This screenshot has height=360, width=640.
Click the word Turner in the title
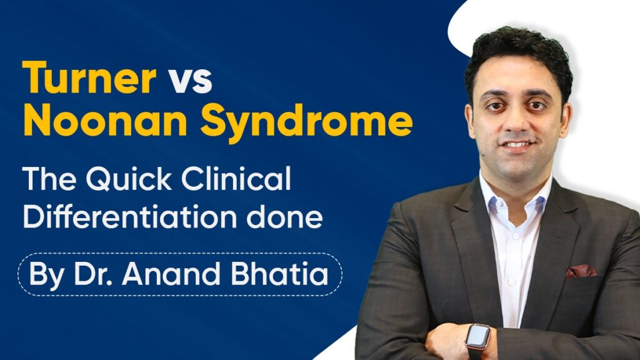pyautogui.click(x=88, y=79)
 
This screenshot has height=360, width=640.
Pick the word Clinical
pyautogui.click(x=244, y=181)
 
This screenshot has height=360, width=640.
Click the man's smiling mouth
pyautogui.click(x=518, y=145)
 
